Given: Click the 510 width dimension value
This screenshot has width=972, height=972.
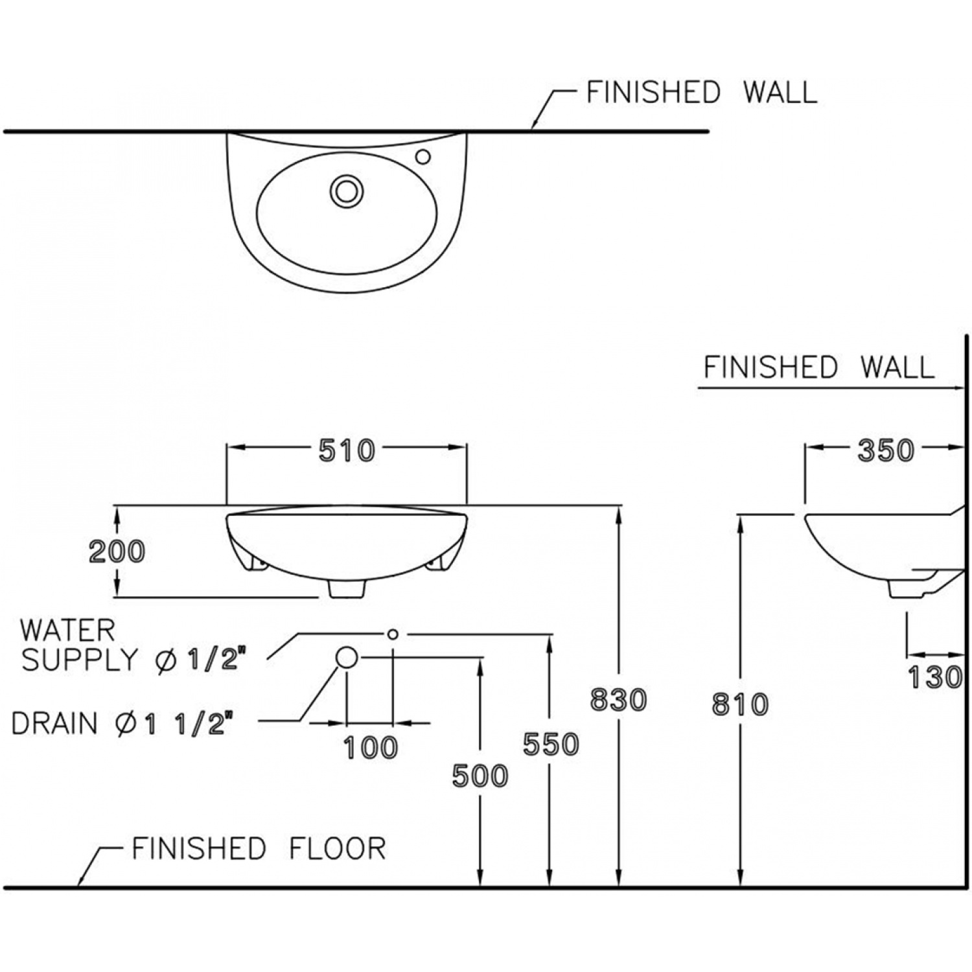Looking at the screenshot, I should point(347,451).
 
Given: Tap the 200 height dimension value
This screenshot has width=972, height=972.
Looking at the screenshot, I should point(117,551).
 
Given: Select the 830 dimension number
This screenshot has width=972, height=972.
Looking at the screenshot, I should point(618,700).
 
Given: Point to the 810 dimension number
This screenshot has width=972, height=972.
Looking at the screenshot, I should point(740,704).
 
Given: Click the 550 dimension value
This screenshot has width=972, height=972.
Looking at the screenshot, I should point(551,744).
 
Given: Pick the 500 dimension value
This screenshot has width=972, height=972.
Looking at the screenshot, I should point(480,775).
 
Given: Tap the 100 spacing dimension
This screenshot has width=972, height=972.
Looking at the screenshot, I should point(370,748).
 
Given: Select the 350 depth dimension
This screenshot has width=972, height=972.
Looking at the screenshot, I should point(885,451).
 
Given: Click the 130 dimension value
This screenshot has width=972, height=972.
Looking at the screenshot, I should point(934,678).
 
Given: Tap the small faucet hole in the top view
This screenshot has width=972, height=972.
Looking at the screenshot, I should point(423,156).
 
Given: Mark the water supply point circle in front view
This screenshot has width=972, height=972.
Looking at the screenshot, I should point(392,634).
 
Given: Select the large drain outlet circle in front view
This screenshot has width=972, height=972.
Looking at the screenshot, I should point(347,657).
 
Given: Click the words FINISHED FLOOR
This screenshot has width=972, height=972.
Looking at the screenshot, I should point(259,848).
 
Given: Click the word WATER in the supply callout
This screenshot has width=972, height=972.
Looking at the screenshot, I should point(67,630).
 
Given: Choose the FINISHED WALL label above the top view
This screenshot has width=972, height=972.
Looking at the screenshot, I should point(701,92).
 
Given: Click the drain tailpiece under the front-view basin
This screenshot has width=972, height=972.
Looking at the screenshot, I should point(347,588).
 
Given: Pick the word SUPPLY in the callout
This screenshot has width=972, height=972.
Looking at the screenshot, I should point(79,660).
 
